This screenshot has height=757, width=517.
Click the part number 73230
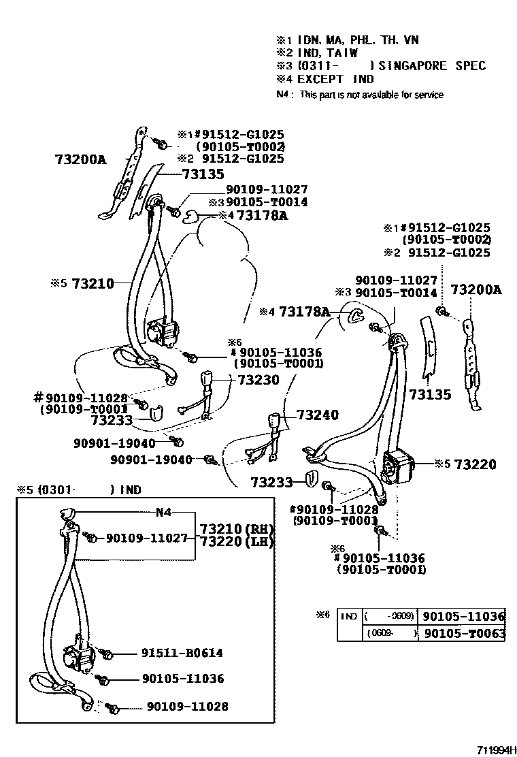pyautogui.click(x=256, y=380)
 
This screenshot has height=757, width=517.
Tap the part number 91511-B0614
pyautogui.click(x=182, y=653)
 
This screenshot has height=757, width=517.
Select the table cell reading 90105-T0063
pyautogui.click(x=463, y=634)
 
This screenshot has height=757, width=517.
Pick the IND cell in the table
pyautogui.click(x=349, y=617)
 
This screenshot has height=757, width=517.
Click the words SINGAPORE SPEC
pyautogui.click(x=432, y=66)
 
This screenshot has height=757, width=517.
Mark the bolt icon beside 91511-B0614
pyautogui.click(x=107, y=654)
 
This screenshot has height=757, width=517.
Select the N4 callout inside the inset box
pyautogui.click(x=164, y=512)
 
